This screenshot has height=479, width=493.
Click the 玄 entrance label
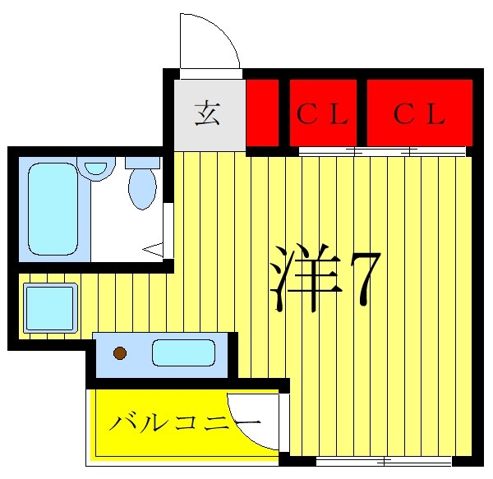pos(207,113)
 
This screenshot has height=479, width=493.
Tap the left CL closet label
pos(323,113)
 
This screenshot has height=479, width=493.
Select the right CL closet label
pos(419,113)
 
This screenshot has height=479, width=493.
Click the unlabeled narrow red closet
pos(262,113)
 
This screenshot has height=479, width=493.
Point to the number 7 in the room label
pos(366,279)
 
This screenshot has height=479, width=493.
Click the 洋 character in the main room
pos(306,279)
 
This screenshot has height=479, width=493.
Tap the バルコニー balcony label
pos(185,423)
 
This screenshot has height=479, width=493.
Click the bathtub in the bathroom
pos(53,209)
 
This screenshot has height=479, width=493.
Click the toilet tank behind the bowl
pos(142,163)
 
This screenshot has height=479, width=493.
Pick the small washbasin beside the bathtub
pos(96,169)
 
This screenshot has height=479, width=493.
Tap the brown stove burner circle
pos(120,353)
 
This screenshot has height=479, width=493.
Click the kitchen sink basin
pos(183,352)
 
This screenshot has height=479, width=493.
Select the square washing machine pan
pos(50,308)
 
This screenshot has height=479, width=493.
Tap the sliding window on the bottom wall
pos(384,462)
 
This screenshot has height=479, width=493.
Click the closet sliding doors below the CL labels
pos(382,151)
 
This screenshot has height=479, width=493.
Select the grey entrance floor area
pos(210,115)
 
